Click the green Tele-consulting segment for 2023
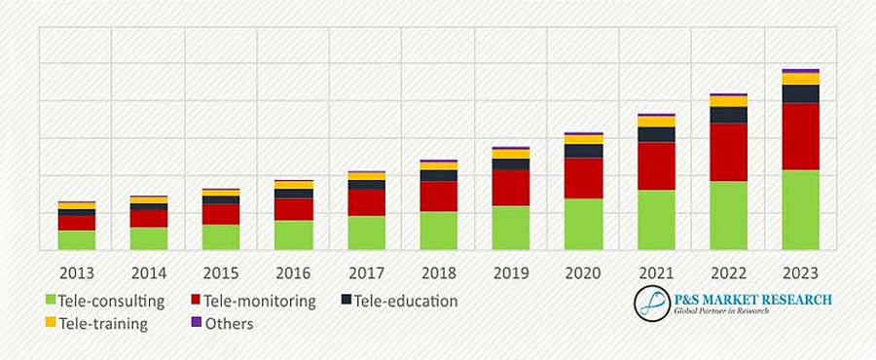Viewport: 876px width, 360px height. click(801, 210)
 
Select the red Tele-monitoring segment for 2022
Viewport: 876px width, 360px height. click(728, 152)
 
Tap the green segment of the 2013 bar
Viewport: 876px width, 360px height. click(77, 240)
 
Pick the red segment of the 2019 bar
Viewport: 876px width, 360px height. click(510, 188)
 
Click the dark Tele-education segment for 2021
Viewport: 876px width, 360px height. click(656, 134)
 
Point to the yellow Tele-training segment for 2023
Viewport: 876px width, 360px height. click(801, 79)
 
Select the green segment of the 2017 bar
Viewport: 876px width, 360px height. click(366, 233)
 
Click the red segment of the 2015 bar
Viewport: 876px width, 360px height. click(221, 214)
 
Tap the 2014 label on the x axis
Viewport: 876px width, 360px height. click(148, 271)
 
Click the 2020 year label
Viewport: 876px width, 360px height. click(583, 271)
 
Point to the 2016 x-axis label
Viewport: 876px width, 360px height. click(293, 271)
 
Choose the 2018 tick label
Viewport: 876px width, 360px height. click(438, 271)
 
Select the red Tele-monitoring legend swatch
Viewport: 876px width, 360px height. click(195, 300)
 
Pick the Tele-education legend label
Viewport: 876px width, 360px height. click(406, 301)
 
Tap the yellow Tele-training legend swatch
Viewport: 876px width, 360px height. click(51, 322)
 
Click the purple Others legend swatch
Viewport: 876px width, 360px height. click(195, 322)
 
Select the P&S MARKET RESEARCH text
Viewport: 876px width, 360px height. click(751, 300)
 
